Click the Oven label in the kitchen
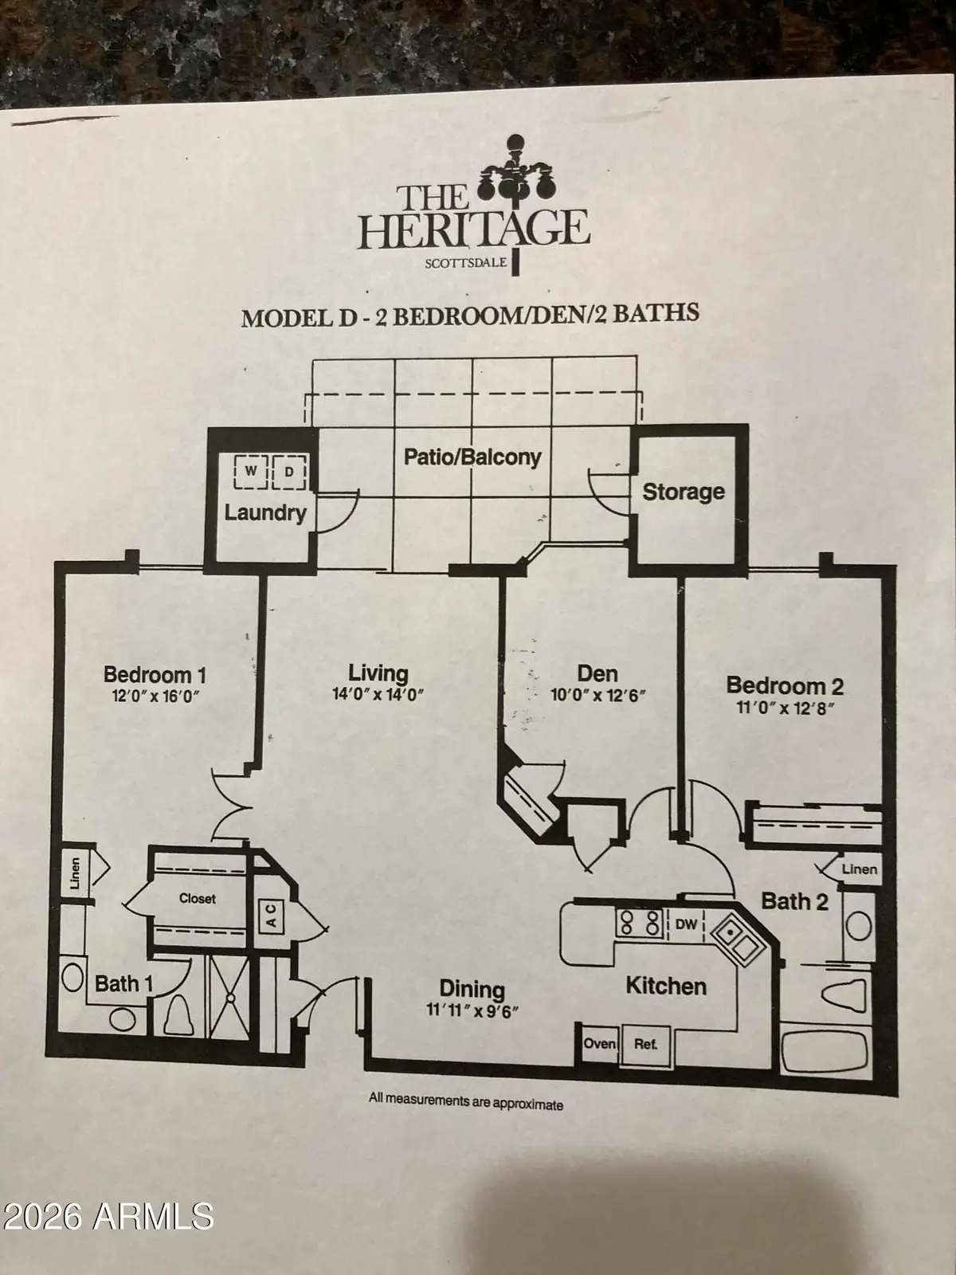pos(600,1043)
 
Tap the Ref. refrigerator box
pos(645,1043)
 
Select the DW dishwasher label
pos(686,924)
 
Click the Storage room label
pos(684,492)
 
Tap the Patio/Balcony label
pos(472,457)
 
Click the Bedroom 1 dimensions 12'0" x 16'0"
pos(155,696)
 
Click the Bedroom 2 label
pos(785,685)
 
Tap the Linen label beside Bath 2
pos(860,869)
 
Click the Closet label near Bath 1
pos(197,898)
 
